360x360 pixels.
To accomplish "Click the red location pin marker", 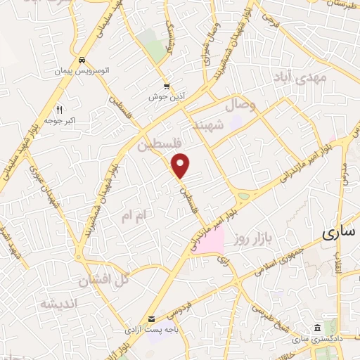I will (181, 165).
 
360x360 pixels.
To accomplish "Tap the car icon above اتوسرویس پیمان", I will (83, 60).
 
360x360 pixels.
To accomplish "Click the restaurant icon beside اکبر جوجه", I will (59, 110).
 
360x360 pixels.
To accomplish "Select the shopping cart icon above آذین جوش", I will (167, 85).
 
